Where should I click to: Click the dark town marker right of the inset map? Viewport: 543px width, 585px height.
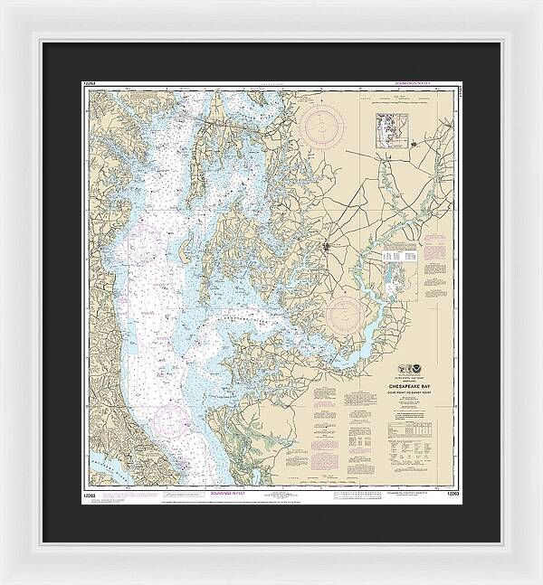click(414, 142)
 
